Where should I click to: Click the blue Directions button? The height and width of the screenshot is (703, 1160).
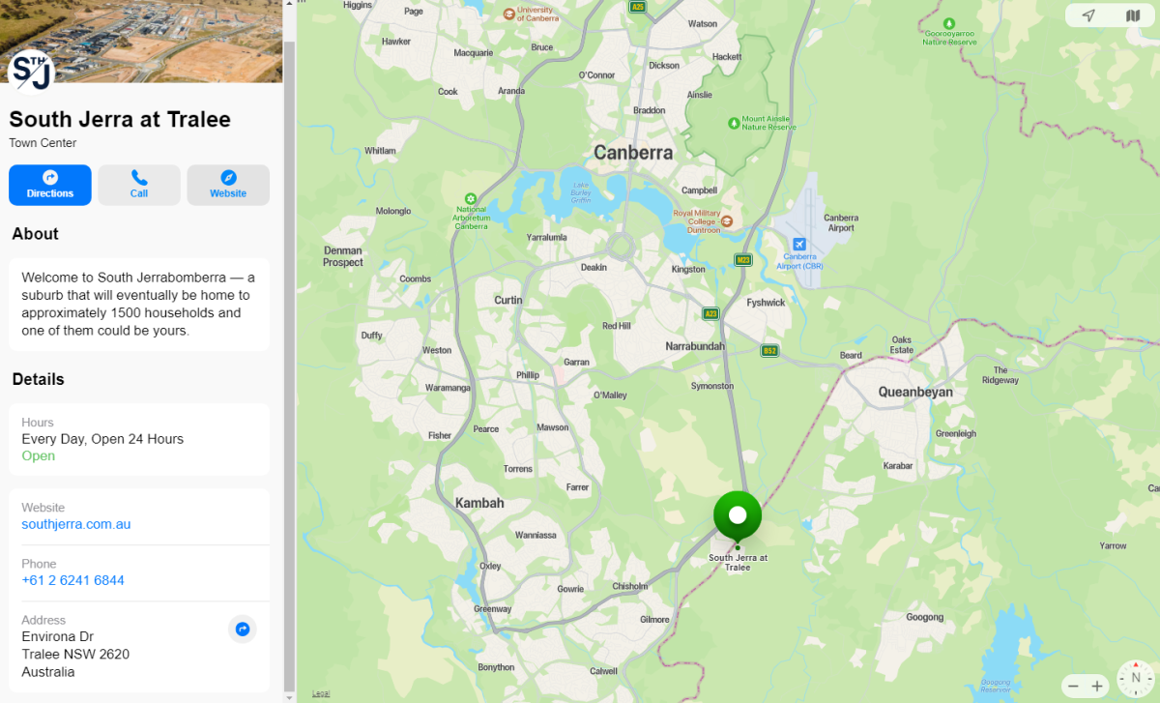(x=50, y=185)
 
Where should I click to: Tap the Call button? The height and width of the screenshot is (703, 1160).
(x=139, y=185)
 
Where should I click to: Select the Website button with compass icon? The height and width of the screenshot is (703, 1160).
(x=228, y=185)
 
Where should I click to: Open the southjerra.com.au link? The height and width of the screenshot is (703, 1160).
(x=76, y=524)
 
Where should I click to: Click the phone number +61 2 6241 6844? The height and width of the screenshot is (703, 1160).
(x=73, y=580)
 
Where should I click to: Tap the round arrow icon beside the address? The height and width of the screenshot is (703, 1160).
(x=243, y=630)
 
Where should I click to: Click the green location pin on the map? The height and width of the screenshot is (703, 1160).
(x=738, y=516)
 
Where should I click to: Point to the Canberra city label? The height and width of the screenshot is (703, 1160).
(x=633, y=153)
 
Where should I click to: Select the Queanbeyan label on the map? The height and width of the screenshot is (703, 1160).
(x=915, y=392)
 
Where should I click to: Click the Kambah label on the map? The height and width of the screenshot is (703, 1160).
(x=479, y=503)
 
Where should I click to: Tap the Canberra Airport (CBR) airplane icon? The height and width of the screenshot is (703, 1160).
(x=799, y=244)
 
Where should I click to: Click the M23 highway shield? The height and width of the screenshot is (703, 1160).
(x=743, y=259)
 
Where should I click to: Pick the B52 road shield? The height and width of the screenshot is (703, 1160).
(x=769, y=350)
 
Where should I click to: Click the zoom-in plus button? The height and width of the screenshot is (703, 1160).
(x=1097, y=686)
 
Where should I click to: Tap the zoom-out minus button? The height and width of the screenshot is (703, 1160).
(x=1073, y=686)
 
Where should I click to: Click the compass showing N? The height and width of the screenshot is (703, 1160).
(x=1136, y=679)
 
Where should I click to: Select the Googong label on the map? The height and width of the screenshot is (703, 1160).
(x=924, y=617)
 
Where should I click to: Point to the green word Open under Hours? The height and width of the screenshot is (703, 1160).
(x=39, y=455)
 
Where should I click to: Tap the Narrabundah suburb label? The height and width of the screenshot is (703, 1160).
(x=695, y=345)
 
